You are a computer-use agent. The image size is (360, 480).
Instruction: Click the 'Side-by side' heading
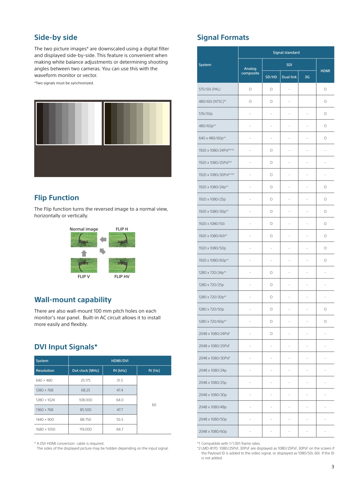tap(56, 37)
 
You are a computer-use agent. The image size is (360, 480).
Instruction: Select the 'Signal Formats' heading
tap(223, 37)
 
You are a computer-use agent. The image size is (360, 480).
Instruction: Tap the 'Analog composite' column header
tap(250, 71)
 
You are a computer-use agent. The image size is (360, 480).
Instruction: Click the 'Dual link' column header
tap(289, 77)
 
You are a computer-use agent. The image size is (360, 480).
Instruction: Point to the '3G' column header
tap(307, 77)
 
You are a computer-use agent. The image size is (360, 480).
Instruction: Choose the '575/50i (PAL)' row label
tap(209, 89)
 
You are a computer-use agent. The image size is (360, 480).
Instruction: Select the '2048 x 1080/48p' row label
tap(213, 407)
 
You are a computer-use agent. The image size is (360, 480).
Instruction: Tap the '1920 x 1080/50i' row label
tap(211, 224)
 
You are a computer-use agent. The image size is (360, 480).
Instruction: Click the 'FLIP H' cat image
tap(122, 240)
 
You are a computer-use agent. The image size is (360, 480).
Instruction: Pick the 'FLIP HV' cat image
tap(122, 265)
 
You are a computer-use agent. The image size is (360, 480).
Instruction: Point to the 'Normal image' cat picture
tap(84, 240)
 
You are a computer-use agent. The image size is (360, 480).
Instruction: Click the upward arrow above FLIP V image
tap(84, 253)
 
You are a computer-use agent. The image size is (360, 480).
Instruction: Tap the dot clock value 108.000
tap(86, 400)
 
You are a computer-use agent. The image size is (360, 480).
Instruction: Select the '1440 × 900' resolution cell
tap(45, 419)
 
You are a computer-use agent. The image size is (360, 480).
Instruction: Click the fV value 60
tap(154, 405)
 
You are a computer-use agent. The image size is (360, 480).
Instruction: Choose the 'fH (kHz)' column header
tap(120, 371)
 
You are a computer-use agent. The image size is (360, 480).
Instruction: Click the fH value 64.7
tap(120, 429)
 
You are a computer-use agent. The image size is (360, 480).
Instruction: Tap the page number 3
tap(333, 467)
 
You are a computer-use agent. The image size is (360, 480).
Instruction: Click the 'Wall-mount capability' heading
tap(73, 300)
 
